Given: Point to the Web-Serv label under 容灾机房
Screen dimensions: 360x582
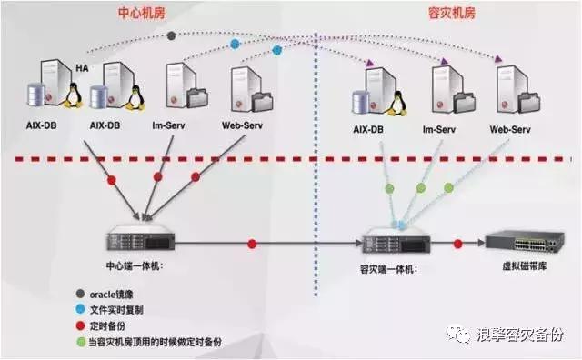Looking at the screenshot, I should (x=511, y=130).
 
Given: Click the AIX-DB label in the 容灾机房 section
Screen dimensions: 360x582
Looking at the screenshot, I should (x=372, y=130).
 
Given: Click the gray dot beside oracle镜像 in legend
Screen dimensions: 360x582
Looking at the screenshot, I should (x=81, y=293).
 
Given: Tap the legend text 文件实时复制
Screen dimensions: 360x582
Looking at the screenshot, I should (x=119, y=308).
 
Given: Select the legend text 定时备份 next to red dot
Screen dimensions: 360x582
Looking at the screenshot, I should (x=110, y=325).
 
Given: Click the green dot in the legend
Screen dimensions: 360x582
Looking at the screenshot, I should (x=81, y=341).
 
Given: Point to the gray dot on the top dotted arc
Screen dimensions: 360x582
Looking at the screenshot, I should (x=172, y=35).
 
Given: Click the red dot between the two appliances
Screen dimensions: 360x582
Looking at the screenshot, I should (x=251, y=244).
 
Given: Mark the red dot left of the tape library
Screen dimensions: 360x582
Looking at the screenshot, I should (x=457, y=244).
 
